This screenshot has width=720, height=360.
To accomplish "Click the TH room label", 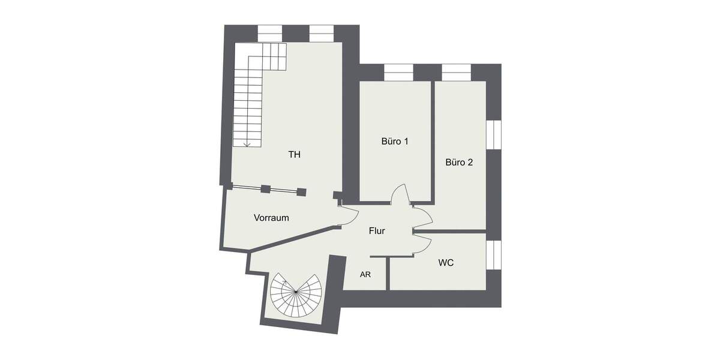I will click(x=294, y=155).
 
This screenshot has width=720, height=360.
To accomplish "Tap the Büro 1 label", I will click(x=395, y=142).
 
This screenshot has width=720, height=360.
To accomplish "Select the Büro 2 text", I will click(x=460, y=162).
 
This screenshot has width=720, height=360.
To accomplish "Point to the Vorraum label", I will click(x=271, y=218).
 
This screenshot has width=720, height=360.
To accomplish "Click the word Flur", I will click(x=377, y=230).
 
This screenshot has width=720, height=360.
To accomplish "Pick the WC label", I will click(x=446, y=263).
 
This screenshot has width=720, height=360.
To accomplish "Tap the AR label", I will click(x=365, y=275).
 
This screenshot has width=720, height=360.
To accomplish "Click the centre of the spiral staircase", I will click(x=296, y=292).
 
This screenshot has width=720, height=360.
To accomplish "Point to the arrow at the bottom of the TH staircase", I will click(x=247, y=143).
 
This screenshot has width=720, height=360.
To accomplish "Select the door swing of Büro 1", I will click(x=400, y=193).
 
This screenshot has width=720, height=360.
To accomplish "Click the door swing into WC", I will click(x=422, y=243).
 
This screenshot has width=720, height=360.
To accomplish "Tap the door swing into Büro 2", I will click(x=422, y=217).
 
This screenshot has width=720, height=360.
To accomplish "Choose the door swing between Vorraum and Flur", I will click(x=346, y=216).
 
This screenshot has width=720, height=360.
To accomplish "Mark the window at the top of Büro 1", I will click(x=398, y=72).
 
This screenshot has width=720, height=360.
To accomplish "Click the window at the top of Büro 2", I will click(x=457, y=72).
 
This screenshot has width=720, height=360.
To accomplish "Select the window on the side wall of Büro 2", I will click(x=493, y=134).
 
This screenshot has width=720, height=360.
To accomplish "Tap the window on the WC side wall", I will click(x=493, y=255).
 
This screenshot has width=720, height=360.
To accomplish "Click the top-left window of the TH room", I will click(x=270, y=33).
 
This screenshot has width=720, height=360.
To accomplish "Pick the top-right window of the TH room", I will click(x=322, y=33).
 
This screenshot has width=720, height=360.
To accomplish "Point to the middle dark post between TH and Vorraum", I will click(x=265, y=189).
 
